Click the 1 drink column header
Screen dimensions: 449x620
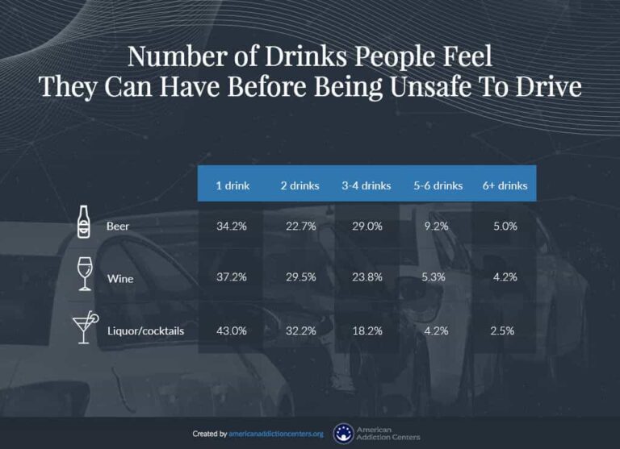(232, 185)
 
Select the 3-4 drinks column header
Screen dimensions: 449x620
(366, 185)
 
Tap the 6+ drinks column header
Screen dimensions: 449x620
(504, 185)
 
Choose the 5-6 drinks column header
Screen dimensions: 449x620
(437, 185)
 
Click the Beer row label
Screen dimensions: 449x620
(118, 227)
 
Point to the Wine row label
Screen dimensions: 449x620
(120, 279)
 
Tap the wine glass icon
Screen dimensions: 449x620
(84, 273)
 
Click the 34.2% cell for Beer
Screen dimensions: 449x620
(232, 227)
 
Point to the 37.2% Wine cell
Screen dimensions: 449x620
(232, 279)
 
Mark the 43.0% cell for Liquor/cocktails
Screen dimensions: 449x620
(232, 331)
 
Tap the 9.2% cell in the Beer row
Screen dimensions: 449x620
(437, 227)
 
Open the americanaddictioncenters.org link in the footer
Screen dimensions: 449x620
(276, 434)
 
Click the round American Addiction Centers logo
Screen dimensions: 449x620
(343, 434)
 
